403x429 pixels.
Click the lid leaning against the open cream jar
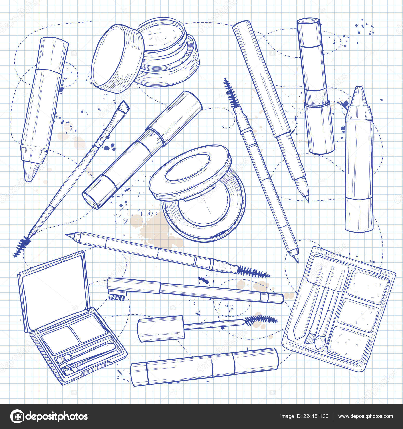[117, 59]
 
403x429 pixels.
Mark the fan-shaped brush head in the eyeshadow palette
[309, 339]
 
